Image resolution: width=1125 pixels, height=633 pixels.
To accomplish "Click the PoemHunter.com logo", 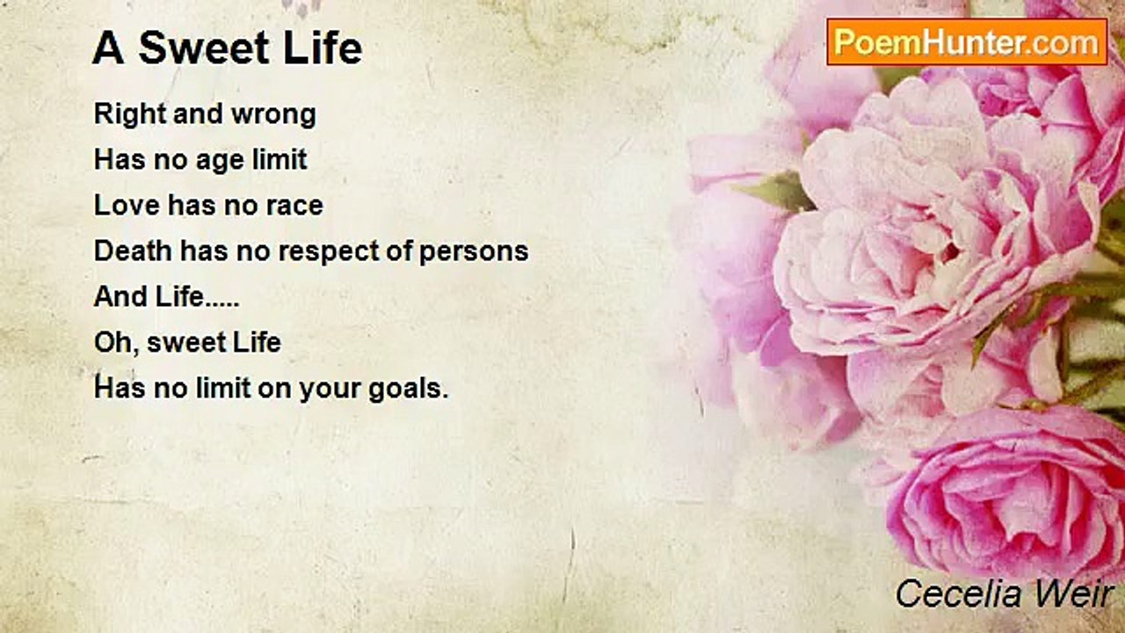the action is (x=967, y=42).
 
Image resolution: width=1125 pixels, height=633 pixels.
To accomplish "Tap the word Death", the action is (x=133, y=251).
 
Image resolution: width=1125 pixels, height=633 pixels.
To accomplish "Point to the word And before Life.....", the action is (x=120, y=296).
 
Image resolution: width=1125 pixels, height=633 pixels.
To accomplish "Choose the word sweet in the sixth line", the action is (x=179, y=343).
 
